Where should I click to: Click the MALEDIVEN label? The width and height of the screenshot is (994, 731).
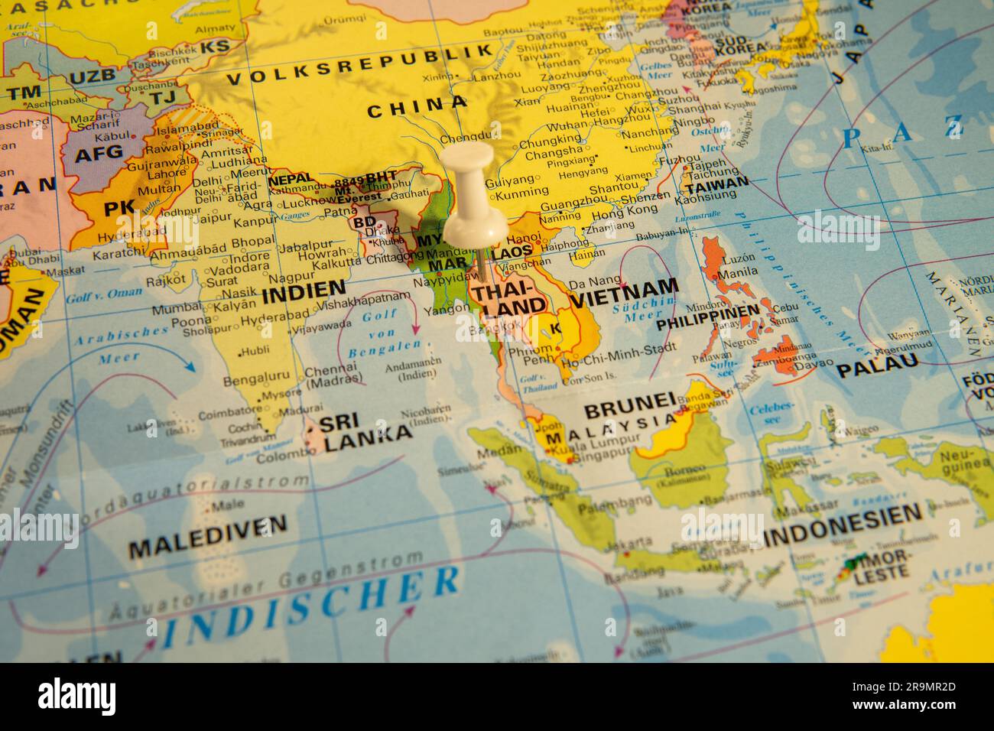click(207, 528)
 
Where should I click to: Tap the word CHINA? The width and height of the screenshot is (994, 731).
click(417, 107)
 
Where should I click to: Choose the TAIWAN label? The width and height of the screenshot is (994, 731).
click(716, 184)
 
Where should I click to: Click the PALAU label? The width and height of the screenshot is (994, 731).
click(876, 369)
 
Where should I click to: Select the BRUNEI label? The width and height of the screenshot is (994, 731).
click(629, 404)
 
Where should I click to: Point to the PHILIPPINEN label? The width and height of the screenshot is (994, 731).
click(708, 315)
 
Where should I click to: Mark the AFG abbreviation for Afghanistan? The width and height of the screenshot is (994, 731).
click(98, 152)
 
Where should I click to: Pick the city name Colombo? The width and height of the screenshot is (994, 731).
click(280, 459)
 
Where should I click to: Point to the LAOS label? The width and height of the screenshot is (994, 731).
click(512, 251)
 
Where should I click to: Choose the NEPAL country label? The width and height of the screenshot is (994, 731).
click(291, 179)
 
